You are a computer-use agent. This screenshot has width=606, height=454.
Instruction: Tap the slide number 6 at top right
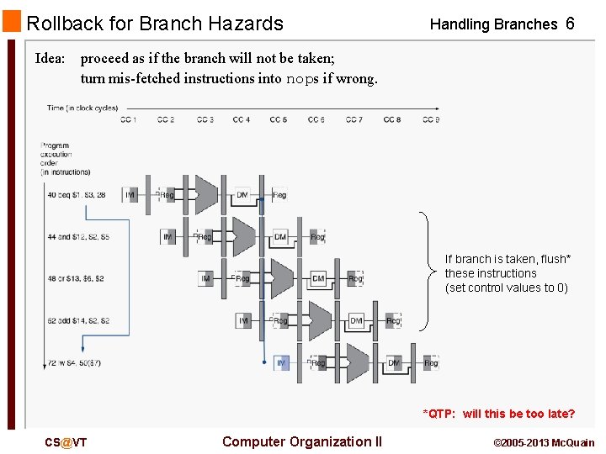pyautogui.click(x=570, y=24)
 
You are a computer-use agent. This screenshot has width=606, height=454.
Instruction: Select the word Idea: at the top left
pyautogui.click(x=50, y=59)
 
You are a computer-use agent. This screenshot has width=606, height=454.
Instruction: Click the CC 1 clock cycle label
pyautogui.click(x=128, y=120)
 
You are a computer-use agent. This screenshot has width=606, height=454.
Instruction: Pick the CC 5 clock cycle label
pyautogui.click(x=279, y=120)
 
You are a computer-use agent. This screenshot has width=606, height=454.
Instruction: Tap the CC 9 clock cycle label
pyautogui.click(x=430, y=120)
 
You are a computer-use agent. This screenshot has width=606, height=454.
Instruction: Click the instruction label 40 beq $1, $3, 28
pyautogui.click(x=77, y=195)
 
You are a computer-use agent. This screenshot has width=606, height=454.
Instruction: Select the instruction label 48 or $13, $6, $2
pyautogui.click(x=76, y=278)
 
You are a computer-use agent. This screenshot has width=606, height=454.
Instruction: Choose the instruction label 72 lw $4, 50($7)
pyautogui.click(x=76, y=363)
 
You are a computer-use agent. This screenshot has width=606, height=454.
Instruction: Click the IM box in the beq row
pyautogui.click(x=130, y=195)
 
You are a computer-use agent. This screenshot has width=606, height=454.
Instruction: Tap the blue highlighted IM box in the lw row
pyautogui.click(x=281, y=363)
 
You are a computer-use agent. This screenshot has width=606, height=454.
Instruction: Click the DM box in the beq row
pyautogui.click(x=242, y=195)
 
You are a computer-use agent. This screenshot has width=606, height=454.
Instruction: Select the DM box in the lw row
pyautogui.click(x=394, y=363)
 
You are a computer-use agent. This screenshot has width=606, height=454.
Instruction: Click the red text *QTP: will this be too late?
pyautogui.click(x=498, y=414)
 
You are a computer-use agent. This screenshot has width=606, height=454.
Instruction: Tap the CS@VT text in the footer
pyautogui.click(x=66, y=442)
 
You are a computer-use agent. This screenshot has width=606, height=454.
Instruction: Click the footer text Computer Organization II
pyautogui.click(x=302, y=442)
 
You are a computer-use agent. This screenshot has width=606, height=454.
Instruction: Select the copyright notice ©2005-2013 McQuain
pyautogui.click(x=543, y=443)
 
